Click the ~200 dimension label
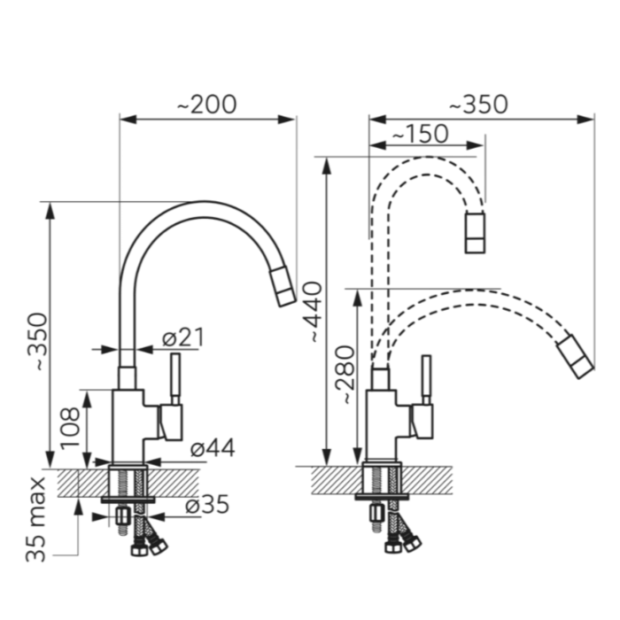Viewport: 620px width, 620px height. click(x=206, y=105)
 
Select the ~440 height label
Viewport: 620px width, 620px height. click(x=315, y=311)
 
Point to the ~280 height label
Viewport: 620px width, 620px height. click(x=344, y=375)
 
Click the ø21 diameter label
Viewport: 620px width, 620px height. click(x=183, y=337)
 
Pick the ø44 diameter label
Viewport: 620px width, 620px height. click(x=213, y=448)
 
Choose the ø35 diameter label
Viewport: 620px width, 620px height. click(x=207, y=504)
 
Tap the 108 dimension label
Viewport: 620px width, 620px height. click(x=70, y=428)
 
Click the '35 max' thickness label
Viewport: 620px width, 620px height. click(x=35, y=520)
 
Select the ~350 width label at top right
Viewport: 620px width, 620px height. click(x=478, y=105)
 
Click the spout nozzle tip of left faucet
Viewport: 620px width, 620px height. click(x=283, y=287)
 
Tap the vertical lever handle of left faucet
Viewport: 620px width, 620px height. click(x=175, y=379)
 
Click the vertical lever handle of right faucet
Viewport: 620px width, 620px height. click(x=426, y=380)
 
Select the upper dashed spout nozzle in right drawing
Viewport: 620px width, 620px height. click(x=475, y=232)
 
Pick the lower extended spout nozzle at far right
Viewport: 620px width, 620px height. click(x=576, y=357)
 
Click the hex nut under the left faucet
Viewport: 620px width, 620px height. click(x=123, y=516)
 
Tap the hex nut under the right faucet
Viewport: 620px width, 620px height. click(x=376, y=514)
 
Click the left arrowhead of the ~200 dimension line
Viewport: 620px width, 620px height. click(x=128, y=119)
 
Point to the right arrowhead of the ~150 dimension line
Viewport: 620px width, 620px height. click(x=475, y=145)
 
